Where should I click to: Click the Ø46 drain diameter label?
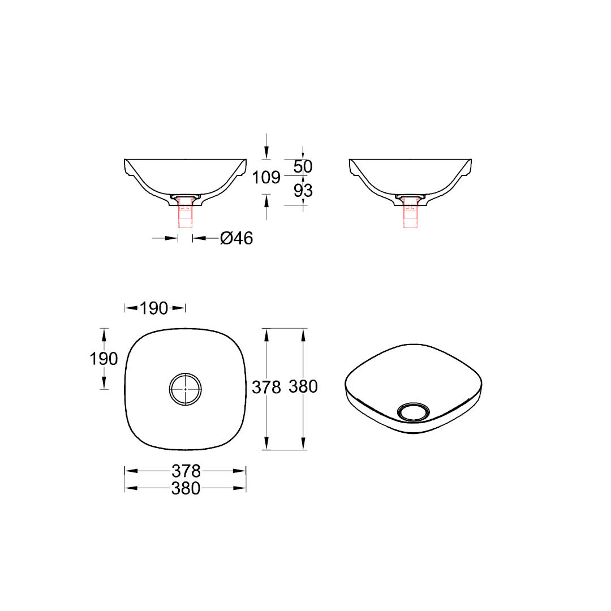point(236,238)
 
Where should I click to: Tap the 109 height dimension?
point(266,177)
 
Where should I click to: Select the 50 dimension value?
point(303,167)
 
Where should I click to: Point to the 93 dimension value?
point(303,191)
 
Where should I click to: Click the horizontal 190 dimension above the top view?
point(154,308)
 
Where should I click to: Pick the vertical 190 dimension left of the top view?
point(104,359)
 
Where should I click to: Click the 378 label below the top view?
point(186,471)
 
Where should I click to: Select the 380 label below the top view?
point(186,488)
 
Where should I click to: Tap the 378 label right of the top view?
point(266,388)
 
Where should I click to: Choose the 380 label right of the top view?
point(303,386)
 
